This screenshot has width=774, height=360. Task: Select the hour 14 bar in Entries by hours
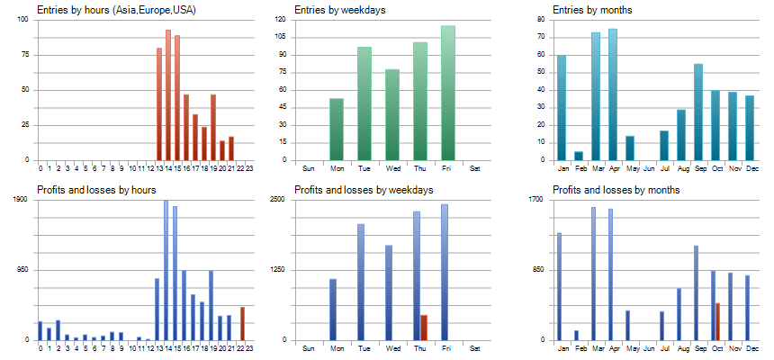tap(168, 94)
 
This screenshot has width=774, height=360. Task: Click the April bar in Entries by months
tap(613, 94)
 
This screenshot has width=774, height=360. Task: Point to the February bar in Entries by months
tap(579, 156)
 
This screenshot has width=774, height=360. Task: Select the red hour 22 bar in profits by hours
tap(242, 323)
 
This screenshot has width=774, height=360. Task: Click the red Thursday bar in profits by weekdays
tap(424, 328)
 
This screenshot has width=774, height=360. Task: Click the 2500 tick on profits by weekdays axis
tap(279, 200)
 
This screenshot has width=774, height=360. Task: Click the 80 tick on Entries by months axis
tap(540, 19)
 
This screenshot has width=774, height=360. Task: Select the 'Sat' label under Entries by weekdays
tap(476, 168)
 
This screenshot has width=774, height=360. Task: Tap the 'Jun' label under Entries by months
tap(647, 168)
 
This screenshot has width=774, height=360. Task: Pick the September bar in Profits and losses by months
tap(696, 292)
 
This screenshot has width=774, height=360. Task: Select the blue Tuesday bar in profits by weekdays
tap(361, 282)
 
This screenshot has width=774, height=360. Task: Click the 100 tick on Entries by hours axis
tap(24, 19)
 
